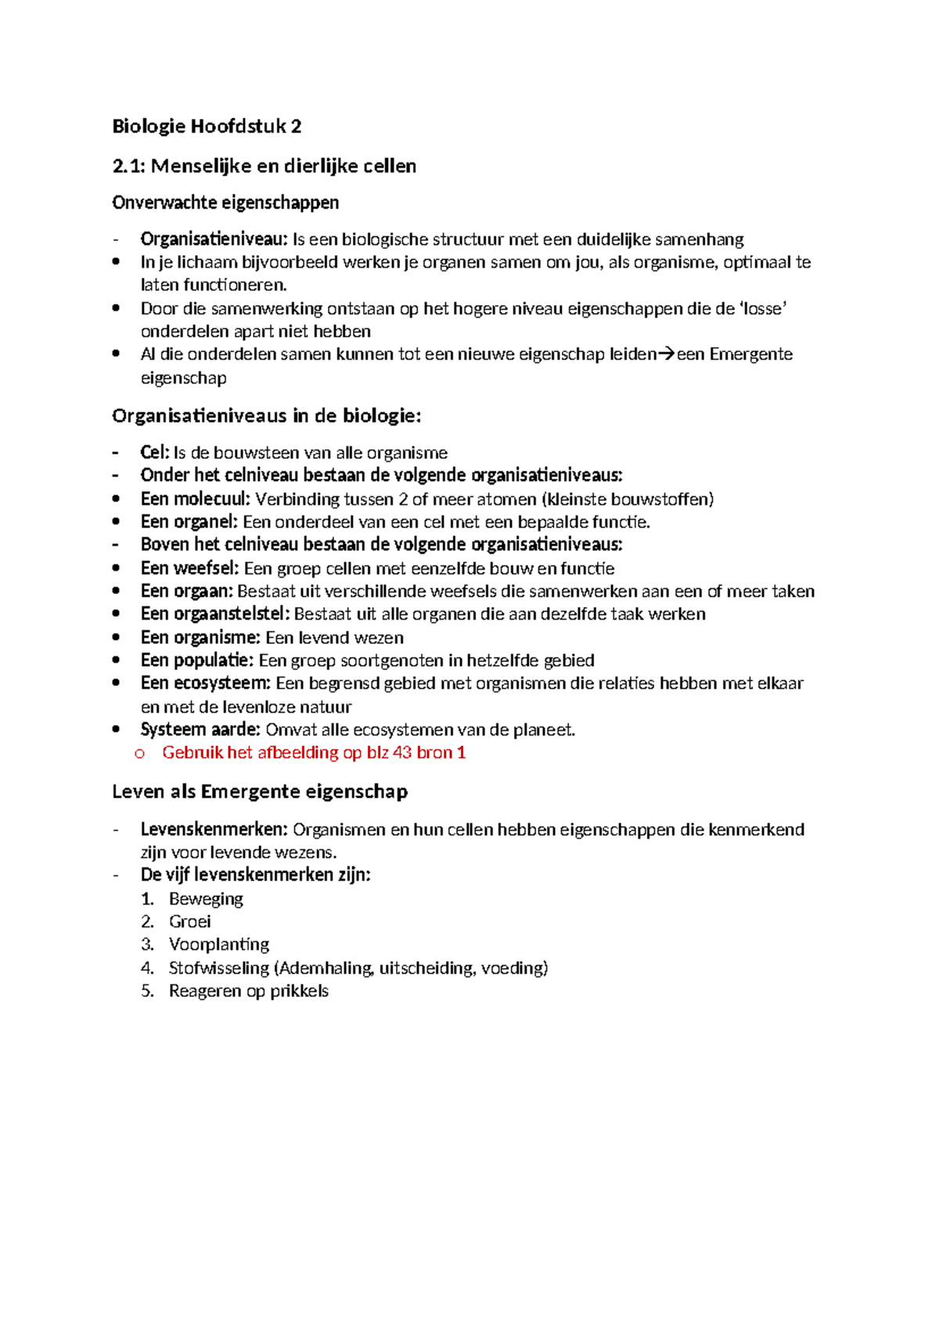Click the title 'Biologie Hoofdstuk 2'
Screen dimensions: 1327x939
207,126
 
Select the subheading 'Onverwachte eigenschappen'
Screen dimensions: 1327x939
225,203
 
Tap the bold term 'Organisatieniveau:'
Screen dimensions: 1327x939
214,239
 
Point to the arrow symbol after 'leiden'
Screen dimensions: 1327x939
666,354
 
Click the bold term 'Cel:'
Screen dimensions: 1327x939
155,452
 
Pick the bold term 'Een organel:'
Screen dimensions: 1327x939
189,522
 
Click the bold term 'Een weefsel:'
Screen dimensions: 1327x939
190,568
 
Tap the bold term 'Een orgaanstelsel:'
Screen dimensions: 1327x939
215,614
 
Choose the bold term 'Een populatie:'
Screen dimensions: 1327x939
197,660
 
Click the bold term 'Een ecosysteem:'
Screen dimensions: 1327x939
206,683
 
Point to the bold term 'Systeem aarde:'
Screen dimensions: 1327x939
200,730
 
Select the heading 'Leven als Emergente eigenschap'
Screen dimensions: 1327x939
260,792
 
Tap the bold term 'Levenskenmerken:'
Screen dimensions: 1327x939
214,829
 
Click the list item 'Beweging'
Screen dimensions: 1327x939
206,899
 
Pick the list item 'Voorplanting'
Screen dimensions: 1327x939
219,944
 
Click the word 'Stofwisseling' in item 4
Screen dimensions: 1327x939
219,968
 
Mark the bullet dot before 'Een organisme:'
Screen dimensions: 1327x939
117,637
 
